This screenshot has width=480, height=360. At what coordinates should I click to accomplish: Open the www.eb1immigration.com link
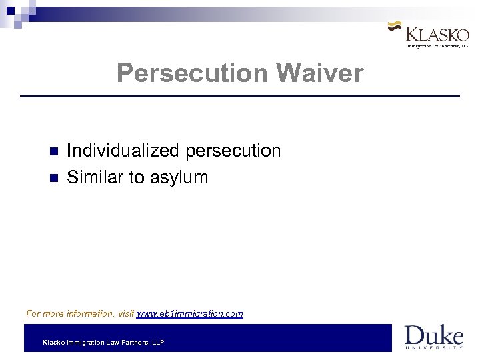point(190,313)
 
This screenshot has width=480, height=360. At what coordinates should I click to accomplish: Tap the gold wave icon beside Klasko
point(394,28)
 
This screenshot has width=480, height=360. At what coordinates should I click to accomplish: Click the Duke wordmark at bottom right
point(433,334)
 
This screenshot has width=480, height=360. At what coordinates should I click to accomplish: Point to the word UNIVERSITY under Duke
point(434,347)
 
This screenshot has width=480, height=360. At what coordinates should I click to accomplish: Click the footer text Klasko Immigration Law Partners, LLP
point(103,343)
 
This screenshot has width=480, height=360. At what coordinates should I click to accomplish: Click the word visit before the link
point(125,313)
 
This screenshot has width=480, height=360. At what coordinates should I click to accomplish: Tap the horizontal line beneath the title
point(240,97)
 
